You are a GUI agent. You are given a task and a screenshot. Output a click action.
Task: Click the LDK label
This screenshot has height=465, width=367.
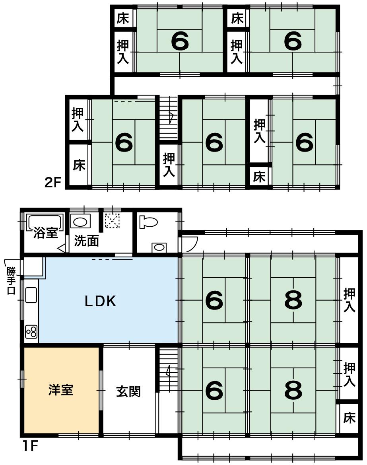[x=100, y=301]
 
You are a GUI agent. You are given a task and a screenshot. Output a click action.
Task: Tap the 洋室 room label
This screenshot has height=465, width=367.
[x=61, y=390]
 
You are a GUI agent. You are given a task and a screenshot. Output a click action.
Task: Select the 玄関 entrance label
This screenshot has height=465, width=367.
[x=128, y=391]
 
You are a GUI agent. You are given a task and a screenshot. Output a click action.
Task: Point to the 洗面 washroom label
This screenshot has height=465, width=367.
[x=86, y=241]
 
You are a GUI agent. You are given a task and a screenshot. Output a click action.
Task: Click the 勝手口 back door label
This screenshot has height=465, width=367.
[x=11, y=280]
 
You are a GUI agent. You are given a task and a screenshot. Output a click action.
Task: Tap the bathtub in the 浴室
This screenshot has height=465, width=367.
[x=45, y=222]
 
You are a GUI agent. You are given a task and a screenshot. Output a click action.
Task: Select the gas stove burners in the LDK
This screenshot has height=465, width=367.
[x=31, y=332]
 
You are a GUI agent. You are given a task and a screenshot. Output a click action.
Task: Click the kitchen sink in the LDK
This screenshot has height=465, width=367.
[x=31, y=295]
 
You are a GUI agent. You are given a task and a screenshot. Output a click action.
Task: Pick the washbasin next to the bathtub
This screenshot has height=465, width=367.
[x=80, y=221]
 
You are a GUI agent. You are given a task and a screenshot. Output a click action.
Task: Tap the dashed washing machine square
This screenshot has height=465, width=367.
[x=112, y=221]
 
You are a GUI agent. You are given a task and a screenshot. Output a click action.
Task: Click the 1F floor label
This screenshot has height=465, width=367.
[x=30, y=446]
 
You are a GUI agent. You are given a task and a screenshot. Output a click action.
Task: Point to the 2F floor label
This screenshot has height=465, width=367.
[x=53, y=183]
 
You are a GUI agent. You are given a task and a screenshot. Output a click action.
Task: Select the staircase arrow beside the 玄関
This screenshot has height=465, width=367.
[x=169, y=370]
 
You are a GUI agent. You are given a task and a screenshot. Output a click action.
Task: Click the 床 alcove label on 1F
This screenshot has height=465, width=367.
[x=349, y=418]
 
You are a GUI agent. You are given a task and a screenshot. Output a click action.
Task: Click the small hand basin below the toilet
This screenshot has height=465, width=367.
[x=159, y=247]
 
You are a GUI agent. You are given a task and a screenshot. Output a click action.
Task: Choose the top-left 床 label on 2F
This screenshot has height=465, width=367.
[x=123, y=18]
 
